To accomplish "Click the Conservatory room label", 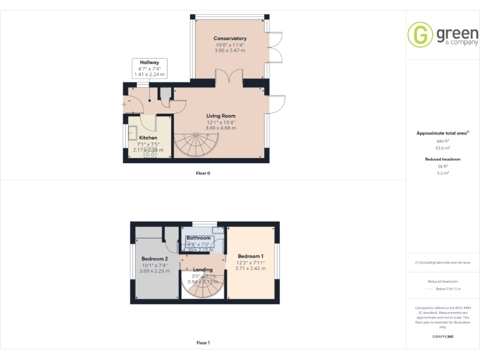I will [x=230, y=39].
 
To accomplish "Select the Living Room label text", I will [x=221, y=116].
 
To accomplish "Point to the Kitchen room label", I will [x=148, y=137].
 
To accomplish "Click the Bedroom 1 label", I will [x=251, y=256].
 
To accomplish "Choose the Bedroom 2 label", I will [x=154, y=259].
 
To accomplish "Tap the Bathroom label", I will [x=199, y=238].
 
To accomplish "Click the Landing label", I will [x=202, y=270].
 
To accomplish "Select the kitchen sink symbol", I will [x=133, y=132].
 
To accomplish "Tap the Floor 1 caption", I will [x=203, y=342].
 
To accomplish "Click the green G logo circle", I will [x=420, y=34].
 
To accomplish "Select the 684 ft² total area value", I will [x=443, y=142].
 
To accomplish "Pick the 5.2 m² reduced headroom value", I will [x=443, y=172].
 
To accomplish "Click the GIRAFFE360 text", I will [x=443, y=337].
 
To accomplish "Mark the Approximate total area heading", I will [x=442, y=133].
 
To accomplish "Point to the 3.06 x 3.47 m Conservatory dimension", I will [x=230, y=50].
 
